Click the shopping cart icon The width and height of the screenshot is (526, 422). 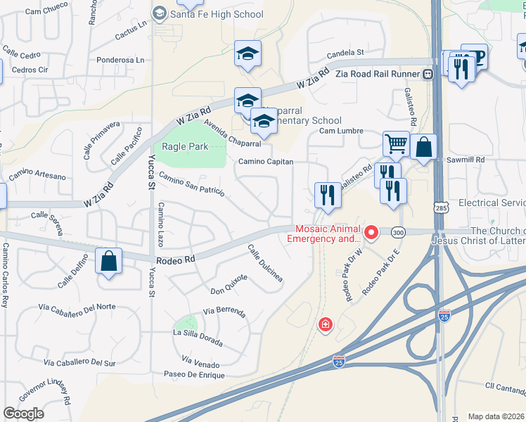[397, 144]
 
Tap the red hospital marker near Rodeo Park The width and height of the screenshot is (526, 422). [325, 324]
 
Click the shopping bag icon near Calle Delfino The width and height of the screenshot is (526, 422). [109, 261]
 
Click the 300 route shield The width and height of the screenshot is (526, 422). [399, 231]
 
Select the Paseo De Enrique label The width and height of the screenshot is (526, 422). [193, 375]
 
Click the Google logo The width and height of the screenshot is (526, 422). [24, 414]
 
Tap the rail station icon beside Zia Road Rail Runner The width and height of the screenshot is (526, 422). [427, 74]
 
